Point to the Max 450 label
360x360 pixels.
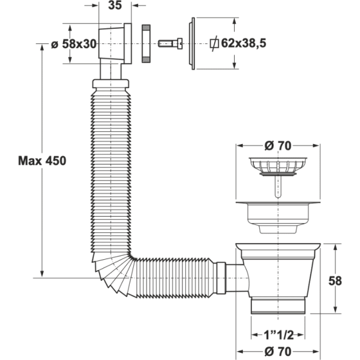point(42,160)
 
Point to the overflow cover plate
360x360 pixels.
point(191,43)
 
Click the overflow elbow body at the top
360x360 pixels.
point(115,45)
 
